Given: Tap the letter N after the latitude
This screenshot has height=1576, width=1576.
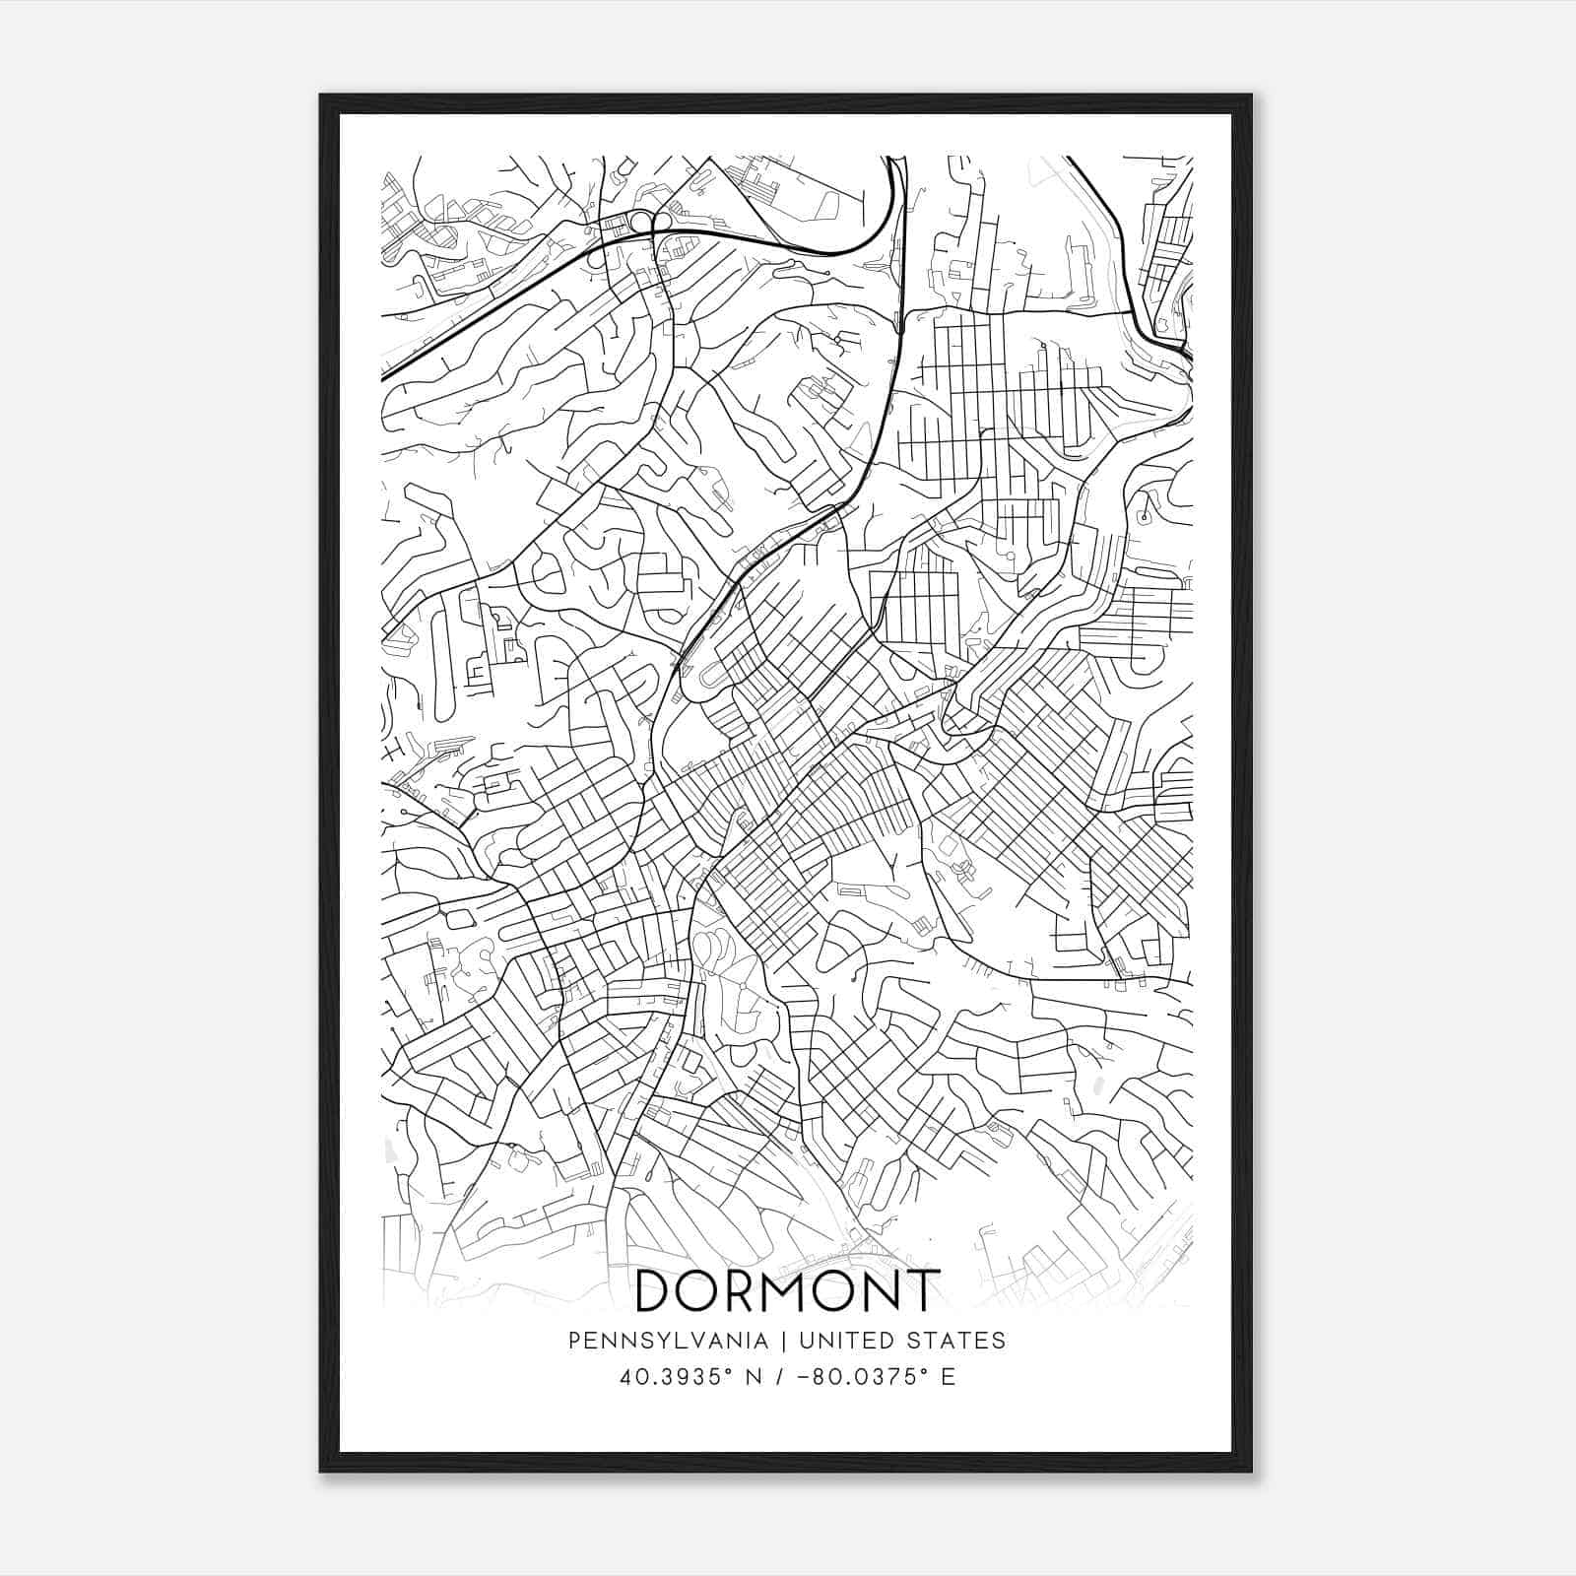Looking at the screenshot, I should tap(754, 1376).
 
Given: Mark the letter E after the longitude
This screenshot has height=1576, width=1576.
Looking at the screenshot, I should tap(949, 1376).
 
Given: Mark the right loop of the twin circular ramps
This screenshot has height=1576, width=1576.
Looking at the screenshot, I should tap(661, 222).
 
